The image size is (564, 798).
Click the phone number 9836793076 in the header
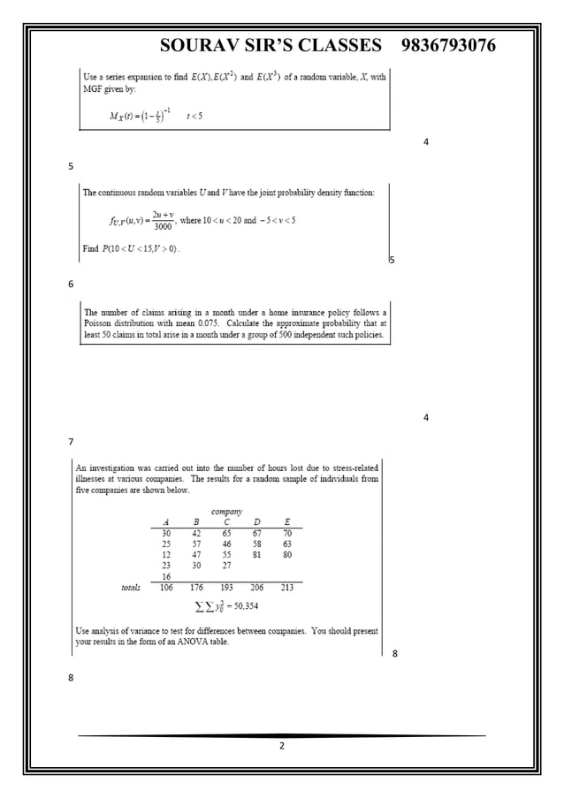[x=448, y=45]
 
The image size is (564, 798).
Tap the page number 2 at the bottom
[x=282, y=748]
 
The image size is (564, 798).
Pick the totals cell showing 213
[x=287, y=586]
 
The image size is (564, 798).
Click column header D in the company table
[x=256, y=521]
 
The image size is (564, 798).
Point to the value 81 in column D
[x=256, y=555]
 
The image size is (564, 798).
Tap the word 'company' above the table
[x=226, y=511]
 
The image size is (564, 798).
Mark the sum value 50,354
[x=241, y=606]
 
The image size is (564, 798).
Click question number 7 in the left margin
[x=71, y=442]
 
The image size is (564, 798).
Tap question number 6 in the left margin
[x=71, y=284]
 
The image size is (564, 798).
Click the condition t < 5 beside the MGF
[x=194, y=116]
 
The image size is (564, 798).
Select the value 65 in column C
[x=226, y=533]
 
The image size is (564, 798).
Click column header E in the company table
[x=287, y=521]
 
